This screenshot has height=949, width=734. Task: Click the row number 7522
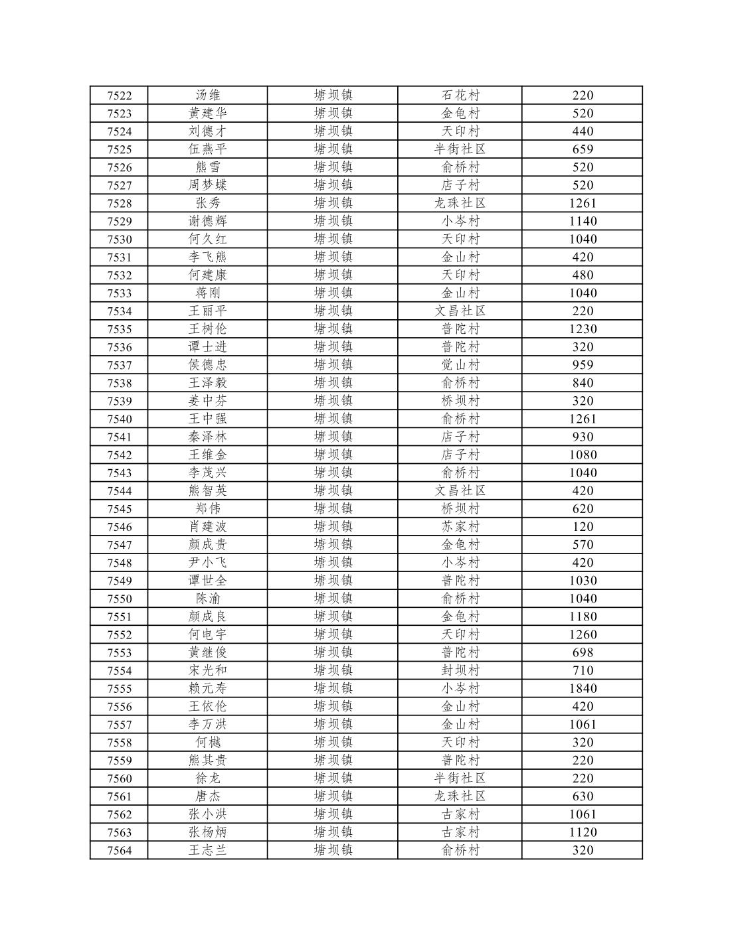point(119,96)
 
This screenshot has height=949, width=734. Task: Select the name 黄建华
point(207,113)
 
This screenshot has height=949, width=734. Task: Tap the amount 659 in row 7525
point(583,149)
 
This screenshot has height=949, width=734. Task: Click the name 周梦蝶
point(207,185)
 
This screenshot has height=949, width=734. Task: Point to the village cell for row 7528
point(460,203)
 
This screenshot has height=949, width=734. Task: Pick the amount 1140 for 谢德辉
point(583,221)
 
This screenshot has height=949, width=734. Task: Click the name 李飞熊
point(207,257)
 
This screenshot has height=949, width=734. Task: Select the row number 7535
point(119,329)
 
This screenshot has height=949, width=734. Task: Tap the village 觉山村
point(460,365)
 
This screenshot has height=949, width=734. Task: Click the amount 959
point(583,365)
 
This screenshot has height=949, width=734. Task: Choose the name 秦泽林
point(207,437)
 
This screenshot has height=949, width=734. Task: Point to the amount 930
point(583,437)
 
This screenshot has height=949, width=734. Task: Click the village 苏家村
point(460,527)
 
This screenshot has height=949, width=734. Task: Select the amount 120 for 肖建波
point(583,527)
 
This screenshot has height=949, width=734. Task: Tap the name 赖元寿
point(207,688)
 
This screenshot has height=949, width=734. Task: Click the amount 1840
point(583,688)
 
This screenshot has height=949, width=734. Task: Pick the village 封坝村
point(460,670)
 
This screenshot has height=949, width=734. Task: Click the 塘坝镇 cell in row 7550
point(333,599)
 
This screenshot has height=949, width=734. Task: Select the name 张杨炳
point(207,832)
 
